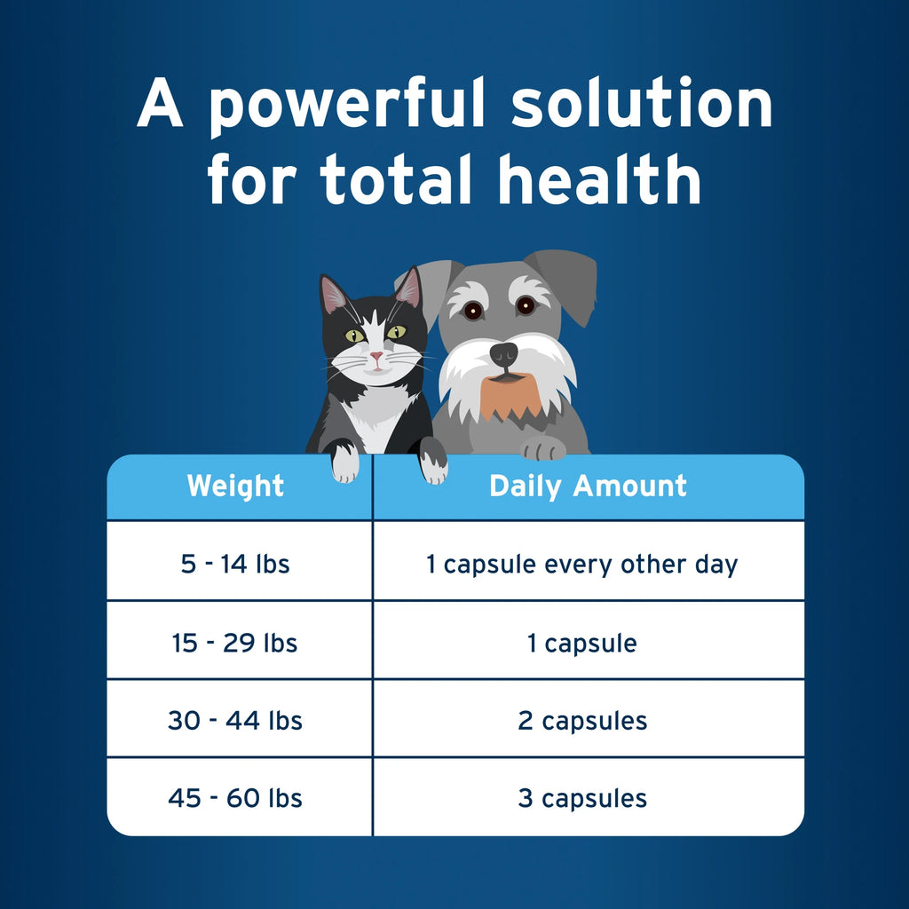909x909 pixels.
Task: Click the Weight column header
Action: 235,486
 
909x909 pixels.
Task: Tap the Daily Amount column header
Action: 588,486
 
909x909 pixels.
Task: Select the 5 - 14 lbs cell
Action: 235,564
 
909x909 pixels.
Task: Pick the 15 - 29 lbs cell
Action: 235,643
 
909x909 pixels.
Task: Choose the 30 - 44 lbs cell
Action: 235,720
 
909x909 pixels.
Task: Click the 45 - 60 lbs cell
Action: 235,798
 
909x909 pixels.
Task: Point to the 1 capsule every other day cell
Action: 582,564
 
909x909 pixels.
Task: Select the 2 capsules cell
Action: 582,720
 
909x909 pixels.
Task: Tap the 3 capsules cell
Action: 582,798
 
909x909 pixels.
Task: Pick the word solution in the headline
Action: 641,105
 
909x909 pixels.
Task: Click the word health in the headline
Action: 599,180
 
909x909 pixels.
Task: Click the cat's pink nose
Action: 376,357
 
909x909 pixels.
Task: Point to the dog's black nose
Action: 503,353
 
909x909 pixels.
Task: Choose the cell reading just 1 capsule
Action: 582,643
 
